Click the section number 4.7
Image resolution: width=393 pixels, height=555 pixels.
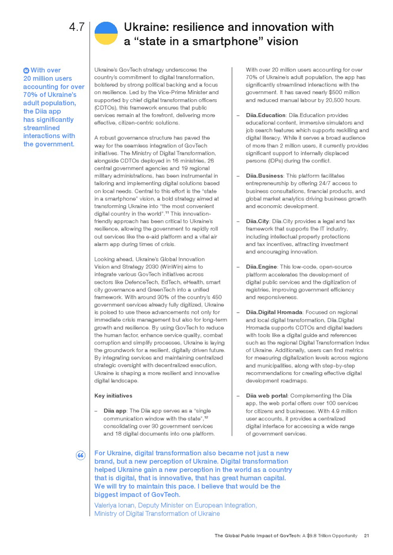pyautogui.click(x=76, y=27)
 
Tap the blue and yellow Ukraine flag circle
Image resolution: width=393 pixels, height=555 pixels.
pyautogui.click(x=106, y=34)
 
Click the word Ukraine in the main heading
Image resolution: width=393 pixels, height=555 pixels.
pyautogui.click(x=145, y=27)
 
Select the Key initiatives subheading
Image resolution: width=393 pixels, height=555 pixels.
pyautogui.click(x=113, y=396)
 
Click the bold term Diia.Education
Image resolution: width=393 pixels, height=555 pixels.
pyautogui.click(x=266, y=115)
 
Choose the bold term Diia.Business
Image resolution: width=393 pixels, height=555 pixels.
pyautogui.click(x=264, y=175)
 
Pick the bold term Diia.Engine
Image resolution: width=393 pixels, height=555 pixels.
pyautogui.click(x=261, y=266)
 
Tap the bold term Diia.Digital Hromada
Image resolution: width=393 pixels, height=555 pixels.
pyautogui.click(x=274, y=312)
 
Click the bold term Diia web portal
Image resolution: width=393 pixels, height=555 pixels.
pyautogui.click(x=267, y=395)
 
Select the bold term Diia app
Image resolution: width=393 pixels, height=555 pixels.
pyautogui.click(x=115, y=410)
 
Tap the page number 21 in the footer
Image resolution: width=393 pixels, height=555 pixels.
pyautogui.click(x=366, y=535)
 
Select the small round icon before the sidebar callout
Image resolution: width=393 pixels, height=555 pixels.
pyautogui.click(x=26, y=70)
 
